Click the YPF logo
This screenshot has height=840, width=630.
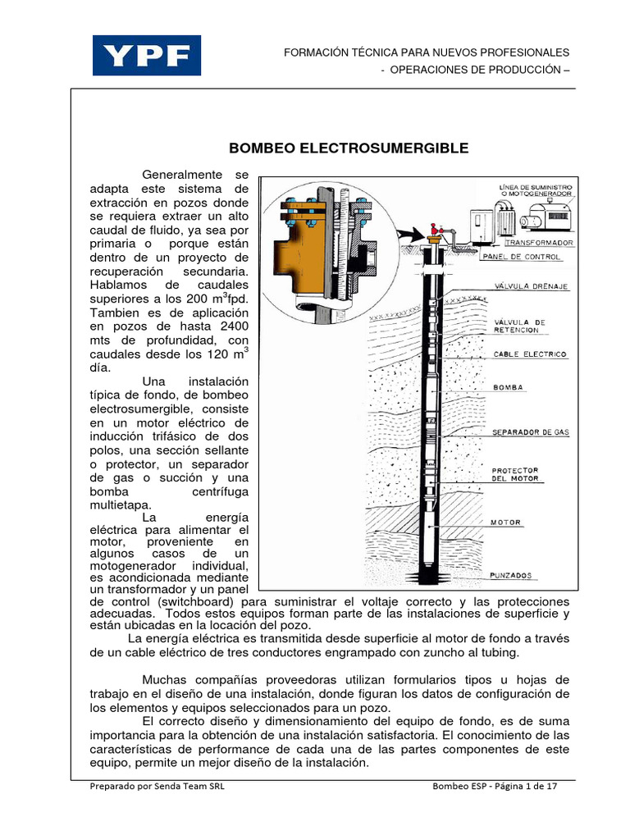147,56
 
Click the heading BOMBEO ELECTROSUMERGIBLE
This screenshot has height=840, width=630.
348,148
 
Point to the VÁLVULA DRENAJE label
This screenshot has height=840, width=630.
531,286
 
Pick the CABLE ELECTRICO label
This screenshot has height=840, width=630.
530,355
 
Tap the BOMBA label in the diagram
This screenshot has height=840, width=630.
508,386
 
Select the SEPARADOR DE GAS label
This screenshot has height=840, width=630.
530,431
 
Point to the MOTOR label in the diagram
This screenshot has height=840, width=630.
506,522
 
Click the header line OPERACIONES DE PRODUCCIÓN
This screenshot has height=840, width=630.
475,69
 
